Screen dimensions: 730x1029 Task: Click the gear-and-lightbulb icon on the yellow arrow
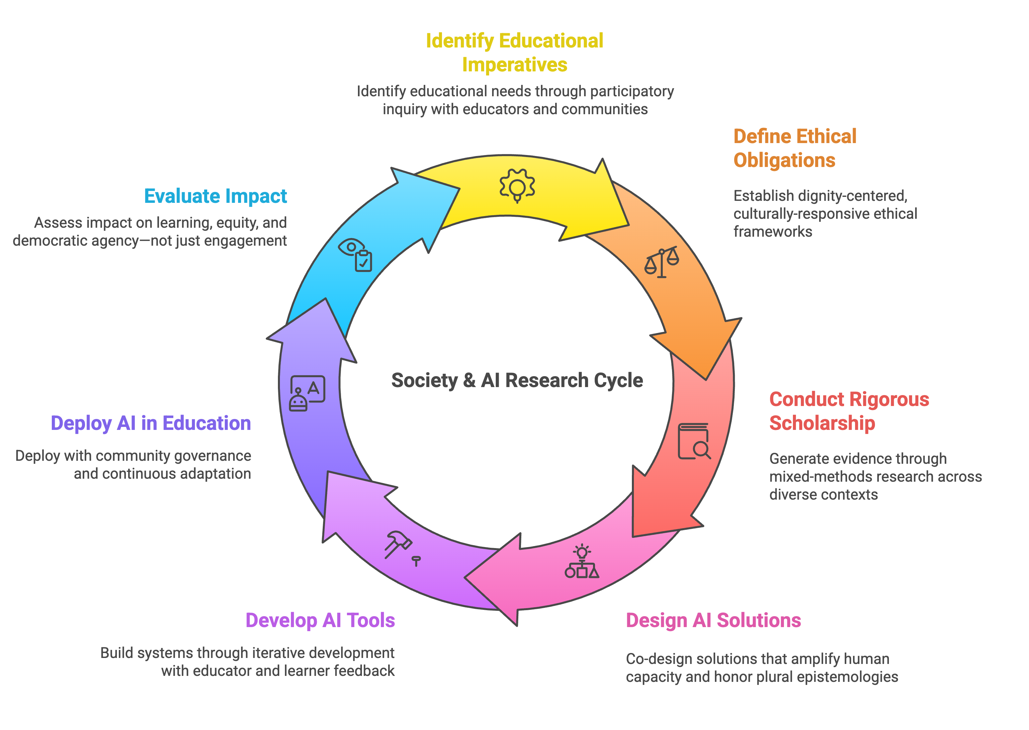[517, 186]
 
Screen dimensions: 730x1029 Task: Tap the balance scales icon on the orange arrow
[661, 262]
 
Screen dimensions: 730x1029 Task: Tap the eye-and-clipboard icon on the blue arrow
[355, 254]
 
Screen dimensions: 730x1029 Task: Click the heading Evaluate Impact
[215, 196]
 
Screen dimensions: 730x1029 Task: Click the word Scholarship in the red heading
[822, 423]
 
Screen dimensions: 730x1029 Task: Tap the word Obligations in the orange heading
[784, 160]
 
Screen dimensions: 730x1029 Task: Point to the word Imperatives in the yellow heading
[514, 65]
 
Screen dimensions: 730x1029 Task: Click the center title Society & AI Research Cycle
[517, 380]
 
